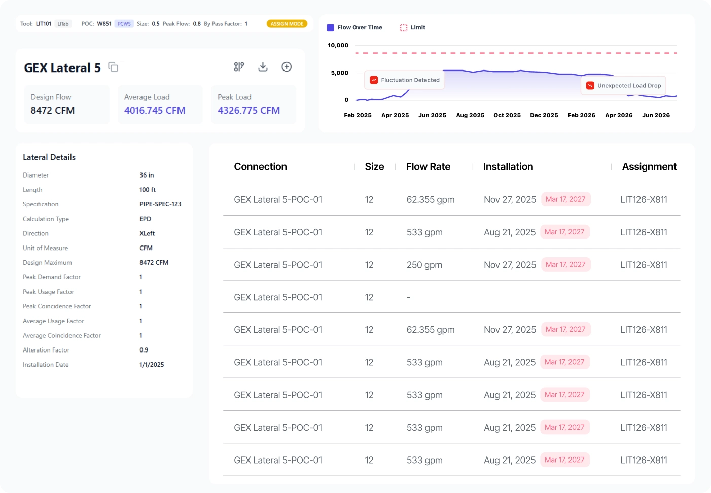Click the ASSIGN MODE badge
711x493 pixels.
(x=287, y=24)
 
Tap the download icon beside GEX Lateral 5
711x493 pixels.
(x=263, y=67)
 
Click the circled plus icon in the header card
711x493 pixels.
(x=287, y=67)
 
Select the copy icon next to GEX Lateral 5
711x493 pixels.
(x=113, y=67)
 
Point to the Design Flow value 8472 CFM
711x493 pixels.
(x=53, y=111)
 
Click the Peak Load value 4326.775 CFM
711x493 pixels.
(x=248, y=111)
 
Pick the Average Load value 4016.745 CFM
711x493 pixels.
(x=155, y=111)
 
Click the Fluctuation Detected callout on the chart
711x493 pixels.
(x=405, y=80)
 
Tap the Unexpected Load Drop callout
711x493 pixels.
(x=623, y=86)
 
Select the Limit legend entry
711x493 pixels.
(x=413, y=28)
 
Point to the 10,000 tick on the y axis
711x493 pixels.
(x=338, y=46)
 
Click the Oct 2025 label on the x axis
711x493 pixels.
(x=507, y=116)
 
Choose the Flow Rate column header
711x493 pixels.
(x=428, y=167)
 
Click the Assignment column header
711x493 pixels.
(x=649, y=167)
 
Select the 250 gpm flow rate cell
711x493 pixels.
(x=424, y=265)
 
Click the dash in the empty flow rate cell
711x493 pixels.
(x=409, y=297)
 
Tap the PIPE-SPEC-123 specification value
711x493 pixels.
(x=160, y=204)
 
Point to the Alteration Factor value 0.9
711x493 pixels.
(x=144, y=350)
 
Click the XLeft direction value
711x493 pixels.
(x=147, y=233)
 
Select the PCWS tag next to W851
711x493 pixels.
(x=124, y=24)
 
